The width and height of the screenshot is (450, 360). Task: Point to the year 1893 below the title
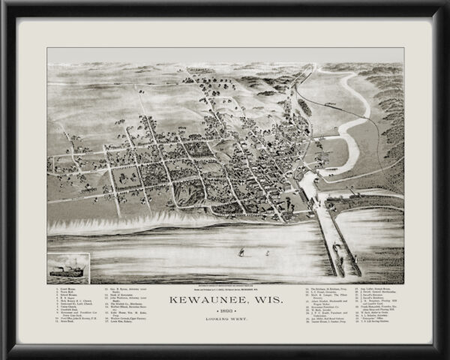pyautogui.click(x=224, y=312)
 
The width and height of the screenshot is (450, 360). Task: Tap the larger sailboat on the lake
pyautogui.click(x=240, y=253)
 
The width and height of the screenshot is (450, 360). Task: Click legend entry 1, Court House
pyautogui.click(x=66, y=288)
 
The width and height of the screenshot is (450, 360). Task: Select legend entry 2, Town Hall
pyautogui.click(x=65, y=292)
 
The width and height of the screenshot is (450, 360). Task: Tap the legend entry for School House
pyautogui.click(x=67, y=296)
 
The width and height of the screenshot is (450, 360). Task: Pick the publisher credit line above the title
pyautogui.click(x=224, y=289)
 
